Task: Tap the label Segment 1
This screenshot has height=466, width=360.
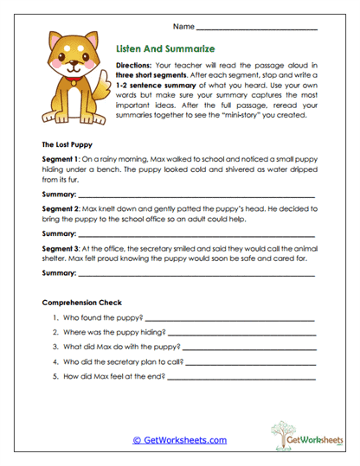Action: click(61, 161)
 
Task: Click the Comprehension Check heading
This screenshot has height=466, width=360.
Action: click(82, 302)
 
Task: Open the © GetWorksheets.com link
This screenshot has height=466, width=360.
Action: click(180, 439)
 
